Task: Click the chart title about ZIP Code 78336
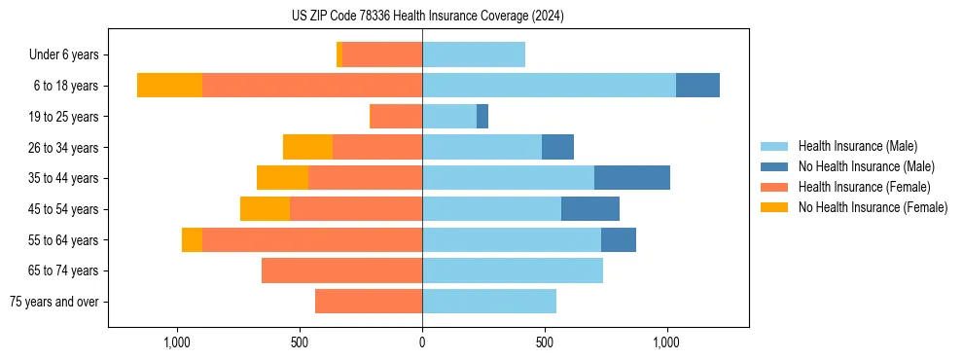tap(427, 16)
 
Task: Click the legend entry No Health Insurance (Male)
tap(866, 166)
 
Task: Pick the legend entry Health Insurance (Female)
tap(864, 187)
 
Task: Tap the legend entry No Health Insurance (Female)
tap(873, 207)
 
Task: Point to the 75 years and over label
tap(53, 302)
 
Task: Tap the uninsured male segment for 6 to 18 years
tap(697, 86)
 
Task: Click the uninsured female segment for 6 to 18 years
tap(169, 86)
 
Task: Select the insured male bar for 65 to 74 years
tap(513, 270)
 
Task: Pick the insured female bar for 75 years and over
tap(369, 302)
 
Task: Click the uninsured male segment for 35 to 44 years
tap(632, 178)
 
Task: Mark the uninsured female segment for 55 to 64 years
tap(192, 240)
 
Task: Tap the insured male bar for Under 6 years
tap(474, 55)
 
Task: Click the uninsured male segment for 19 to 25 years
tap(482, 117)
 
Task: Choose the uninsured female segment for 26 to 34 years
tap(307, 147)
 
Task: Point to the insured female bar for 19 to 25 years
tap(396, 117)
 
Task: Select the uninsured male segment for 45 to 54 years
tap(590, 209)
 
